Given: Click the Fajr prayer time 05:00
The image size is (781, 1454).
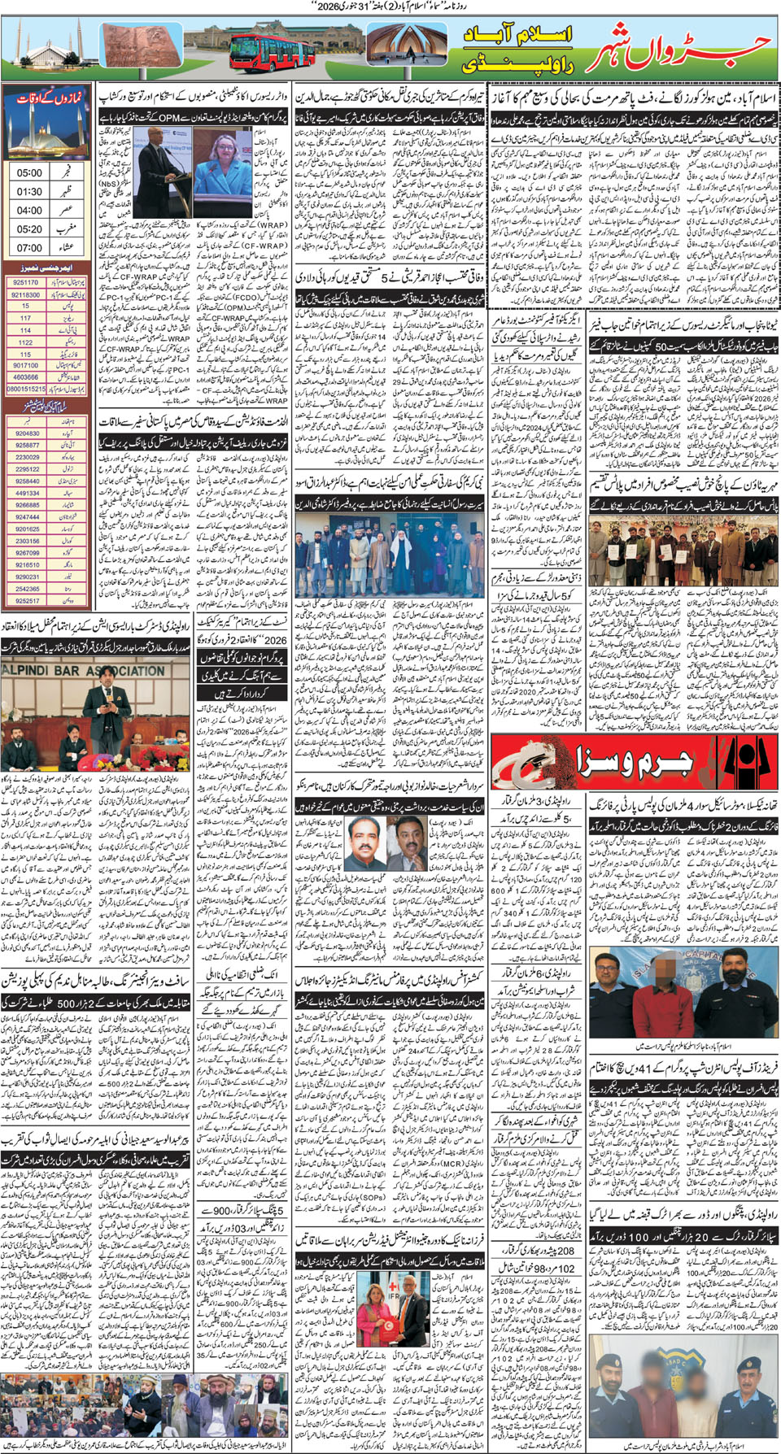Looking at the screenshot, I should tap(29, 172).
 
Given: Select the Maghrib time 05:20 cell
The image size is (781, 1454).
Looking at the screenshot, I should tap(29, 229).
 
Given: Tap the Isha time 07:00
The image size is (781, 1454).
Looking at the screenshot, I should tap(29, 247).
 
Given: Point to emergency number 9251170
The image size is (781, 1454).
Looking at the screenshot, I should tap(26, 282).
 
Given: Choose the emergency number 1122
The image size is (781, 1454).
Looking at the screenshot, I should tap(26, 342).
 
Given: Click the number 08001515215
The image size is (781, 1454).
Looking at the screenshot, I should tap(26, 390).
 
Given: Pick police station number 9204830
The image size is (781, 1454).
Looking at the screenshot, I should tap(28, 433).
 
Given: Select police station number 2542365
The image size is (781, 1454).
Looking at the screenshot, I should tap(28, 589).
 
